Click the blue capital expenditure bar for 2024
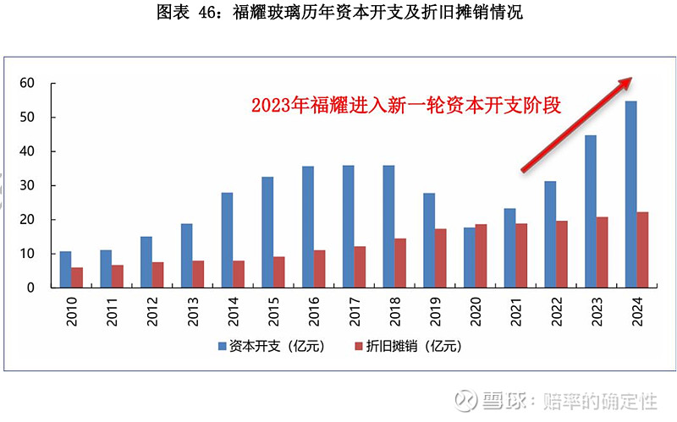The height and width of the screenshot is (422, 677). coord(630,195)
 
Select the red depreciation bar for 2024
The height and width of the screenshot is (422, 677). coord(642,249)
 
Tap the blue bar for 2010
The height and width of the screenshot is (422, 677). coord(65,270)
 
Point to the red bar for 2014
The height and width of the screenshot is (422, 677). coord(239,274)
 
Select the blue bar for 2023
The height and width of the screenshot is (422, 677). coord(590,211)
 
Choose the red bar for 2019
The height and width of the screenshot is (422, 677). coord(440,258)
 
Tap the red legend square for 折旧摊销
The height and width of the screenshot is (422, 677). coord(358,346)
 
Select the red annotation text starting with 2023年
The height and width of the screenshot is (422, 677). coord(407,106)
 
